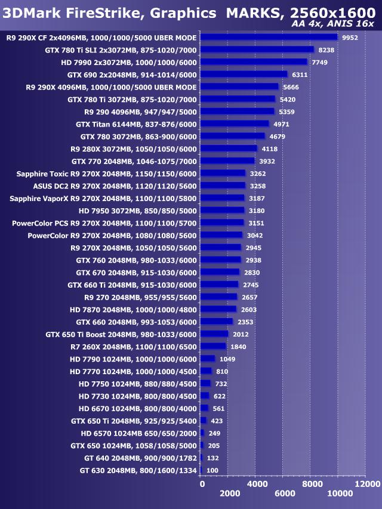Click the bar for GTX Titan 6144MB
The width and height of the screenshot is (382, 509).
tap(235, 124)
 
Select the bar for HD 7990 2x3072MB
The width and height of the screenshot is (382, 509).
tap(254, 62)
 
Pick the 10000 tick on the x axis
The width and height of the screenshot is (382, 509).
tap(340, 493)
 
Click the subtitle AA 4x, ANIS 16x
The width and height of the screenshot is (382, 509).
tap(333, 24)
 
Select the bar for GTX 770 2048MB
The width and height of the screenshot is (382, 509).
tap(228, 161)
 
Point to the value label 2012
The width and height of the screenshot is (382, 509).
tap(240, 334)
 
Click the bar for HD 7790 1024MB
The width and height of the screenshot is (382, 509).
tap(208, 359)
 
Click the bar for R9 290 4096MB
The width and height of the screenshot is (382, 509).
tap(238, 112)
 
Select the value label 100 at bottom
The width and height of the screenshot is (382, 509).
tap(213, 471)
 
